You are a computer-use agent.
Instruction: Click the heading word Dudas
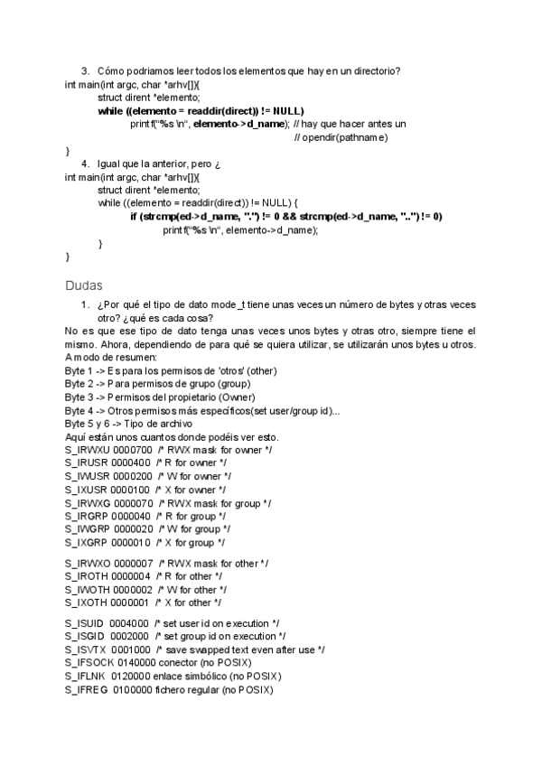(x=84, y=285)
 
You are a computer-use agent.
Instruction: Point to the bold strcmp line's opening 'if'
(x=135, y=217)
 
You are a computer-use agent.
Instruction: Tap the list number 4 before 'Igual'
(x=84, y=163)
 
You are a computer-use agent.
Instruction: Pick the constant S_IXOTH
(x=86, y=603)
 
